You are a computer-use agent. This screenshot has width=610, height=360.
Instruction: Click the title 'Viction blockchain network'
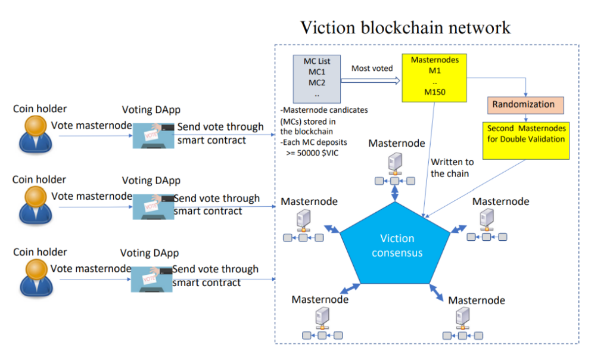tap(405, 27)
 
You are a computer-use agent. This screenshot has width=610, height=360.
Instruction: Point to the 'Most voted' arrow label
tap(372, 69)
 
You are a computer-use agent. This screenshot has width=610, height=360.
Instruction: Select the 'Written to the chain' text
tap(452, 167)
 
